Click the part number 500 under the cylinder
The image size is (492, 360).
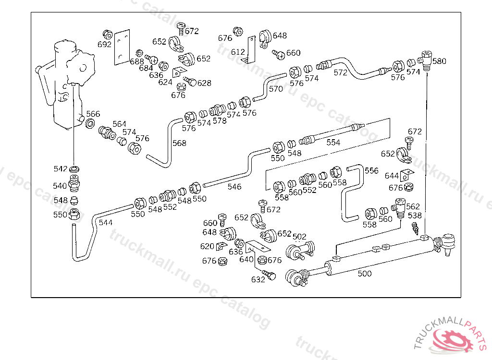[x=365, y=274]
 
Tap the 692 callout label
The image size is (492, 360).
[x=104, y=45]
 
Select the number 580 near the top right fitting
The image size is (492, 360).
[x=439, y=61]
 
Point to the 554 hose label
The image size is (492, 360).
[x=333, y=143]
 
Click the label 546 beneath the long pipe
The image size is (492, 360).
[x=234, y=187]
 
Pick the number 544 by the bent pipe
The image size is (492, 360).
[x=106, y=223]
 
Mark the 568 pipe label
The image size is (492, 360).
[x=179, y=143]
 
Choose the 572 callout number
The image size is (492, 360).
[x=340, y=73]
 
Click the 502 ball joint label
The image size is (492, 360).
[x=299, y=237]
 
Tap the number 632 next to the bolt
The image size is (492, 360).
[x=258, y=280]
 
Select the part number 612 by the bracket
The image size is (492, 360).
[x=238, y=52]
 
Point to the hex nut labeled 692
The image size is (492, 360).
[x=108, y=35]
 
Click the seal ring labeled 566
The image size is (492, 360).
[x=90, y=124]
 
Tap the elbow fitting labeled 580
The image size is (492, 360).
[x=426, y=60]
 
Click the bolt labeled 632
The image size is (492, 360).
[x=271, y=276]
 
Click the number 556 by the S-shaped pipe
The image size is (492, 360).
[x=371, y=170]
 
